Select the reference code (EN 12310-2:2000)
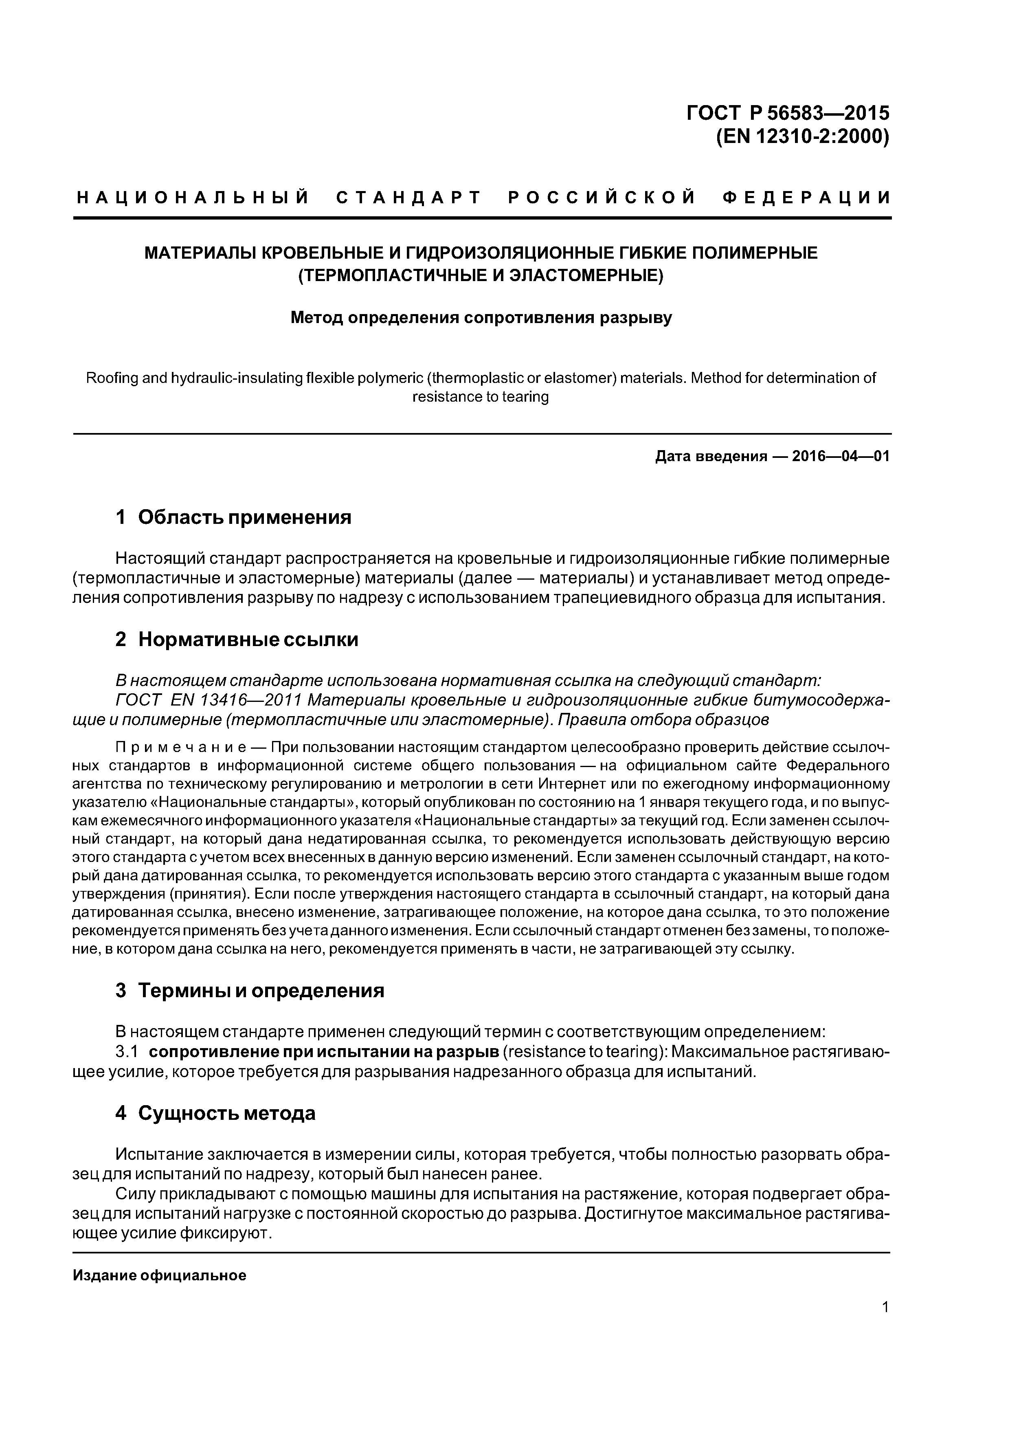pyautogui.click(x=802, y=136)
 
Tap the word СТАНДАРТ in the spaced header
pyautogui.click(x=408, y=198)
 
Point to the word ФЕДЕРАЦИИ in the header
pyautogui.click(x=806, y=198)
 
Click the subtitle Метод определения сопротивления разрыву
pyautogui.click(x=481, y=318)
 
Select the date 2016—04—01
pyautogui.click(x=840, y=456)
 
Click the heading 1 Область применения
pyautogui.click(x=233, y=517)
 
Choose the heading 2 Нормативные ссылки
pyautogui.click(x=237, y=639)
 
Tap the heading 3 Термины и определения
pyautogui.click(x=250, y=990)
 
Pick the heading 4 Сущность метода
pyautogui.click(x=215, y=1113)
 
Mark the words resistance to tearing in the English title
pyautogui.click(x=481, y=396)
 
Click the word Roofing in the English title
pyautogui.click(x=111, y=378)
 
